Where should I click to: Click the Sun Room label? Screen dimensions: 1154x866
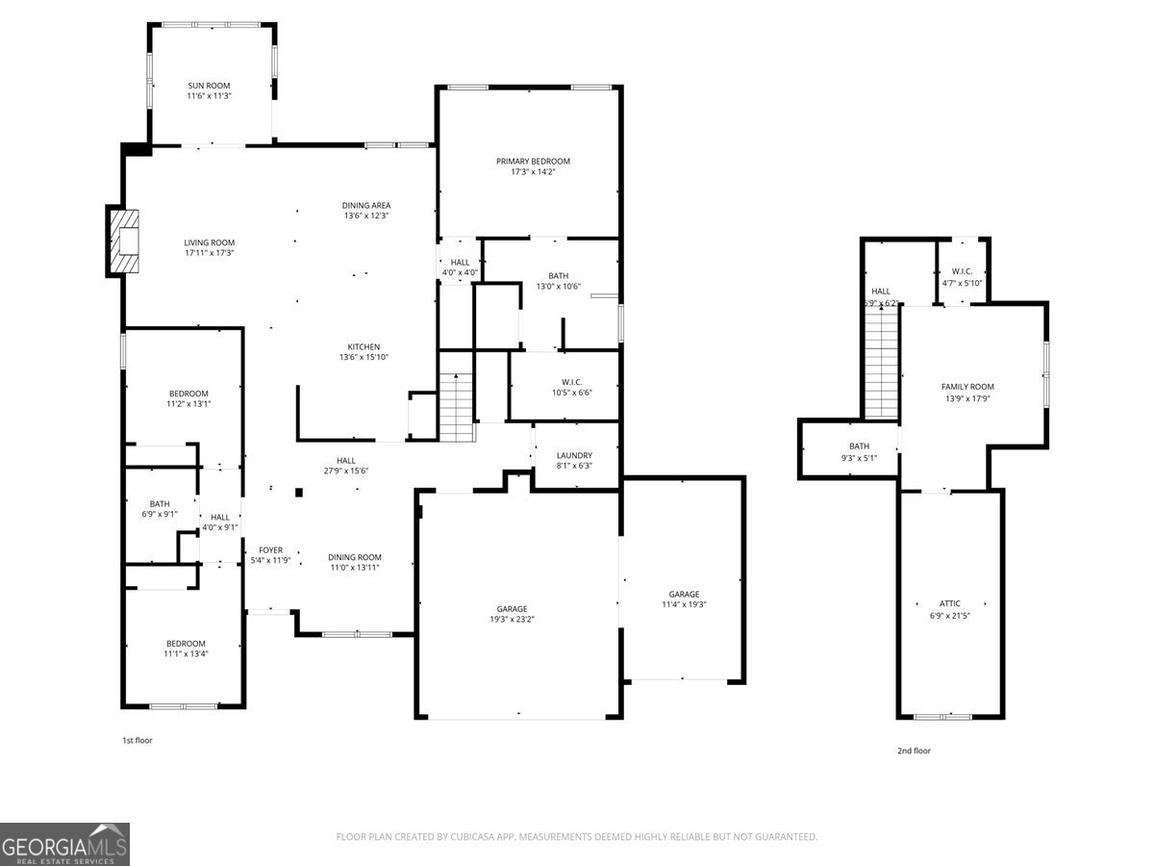tap(209, 86)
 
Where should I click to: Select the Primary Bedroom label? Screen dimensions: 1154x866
tap(533, 162)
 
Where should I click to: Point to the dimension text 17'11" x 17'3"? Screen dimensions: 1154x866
tap(209, 253)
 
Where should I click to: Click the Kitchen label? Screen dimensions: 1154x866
tap(364, 347)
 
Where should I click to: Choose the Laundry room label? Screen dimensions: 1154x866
tap(574, 455)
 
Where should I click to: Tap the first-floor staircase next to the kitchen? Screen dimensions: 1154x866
tap(457, 407)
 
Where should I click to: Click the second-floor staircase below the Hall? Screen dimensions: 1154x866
tap(881, 363)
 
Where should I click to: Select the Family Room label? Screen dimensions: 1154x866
tap(967, 387)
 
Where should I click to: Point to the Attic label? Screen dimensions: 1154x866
tap(949, 603)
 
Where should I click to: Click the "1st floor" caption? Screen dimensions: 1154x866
tap(138, 740)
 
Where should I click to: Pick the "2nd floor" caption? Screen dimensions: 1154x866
tap(914, 751)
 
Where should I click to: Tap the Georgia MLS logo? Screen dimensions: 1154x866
tap(64, 844)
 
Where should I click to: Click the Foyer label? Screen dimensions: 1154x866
tap(270, 550)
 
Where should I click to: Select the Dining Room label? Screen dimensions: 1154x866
tap(354, 557)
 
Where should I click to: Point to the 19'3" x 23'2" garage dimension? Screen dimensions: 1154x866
tap(512, 620)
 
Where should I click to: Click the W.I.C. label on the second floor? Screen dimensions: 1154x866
tap(962, 271)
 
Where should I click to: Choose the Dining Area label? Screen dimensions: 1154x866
tap(366, 206)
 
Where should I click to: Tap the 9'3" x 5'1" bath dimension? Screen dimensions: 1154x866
tap(859, 458)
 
